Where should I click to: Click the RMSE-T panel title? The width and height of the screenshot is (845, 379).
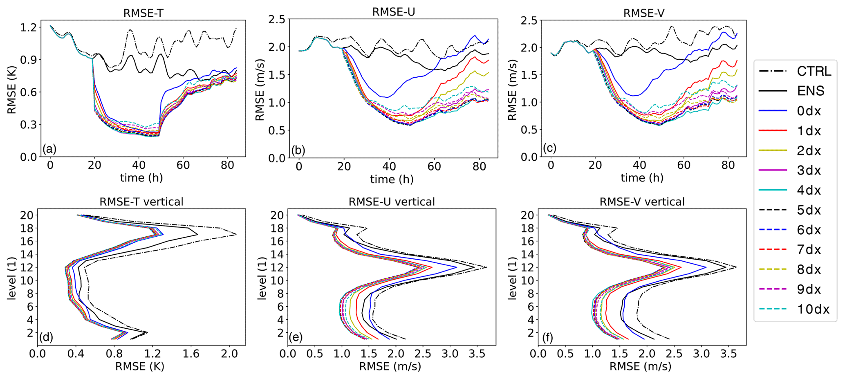(x=143, y=13)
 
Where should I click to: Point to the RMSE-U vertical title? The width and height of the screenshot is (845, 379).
(x=392, y=202)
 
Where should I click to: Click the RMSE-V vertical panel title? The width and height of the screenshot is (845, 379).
(x=642, y=202)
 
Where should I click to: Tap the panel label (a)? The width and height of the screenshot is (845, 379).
(x=49, y=149)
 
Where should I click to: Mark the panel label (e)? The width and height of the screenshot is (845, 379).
(x=296, y=337)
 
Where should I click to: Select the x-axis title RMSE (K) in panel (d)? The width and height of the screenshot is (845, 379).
(x=139, y=367)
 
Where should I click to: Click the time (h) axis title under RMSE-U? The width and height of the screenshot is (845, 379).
(x=392, y=179)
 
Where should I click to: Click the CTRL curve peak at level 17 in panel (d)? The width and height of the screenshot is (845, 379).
(x=236, y=234)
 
